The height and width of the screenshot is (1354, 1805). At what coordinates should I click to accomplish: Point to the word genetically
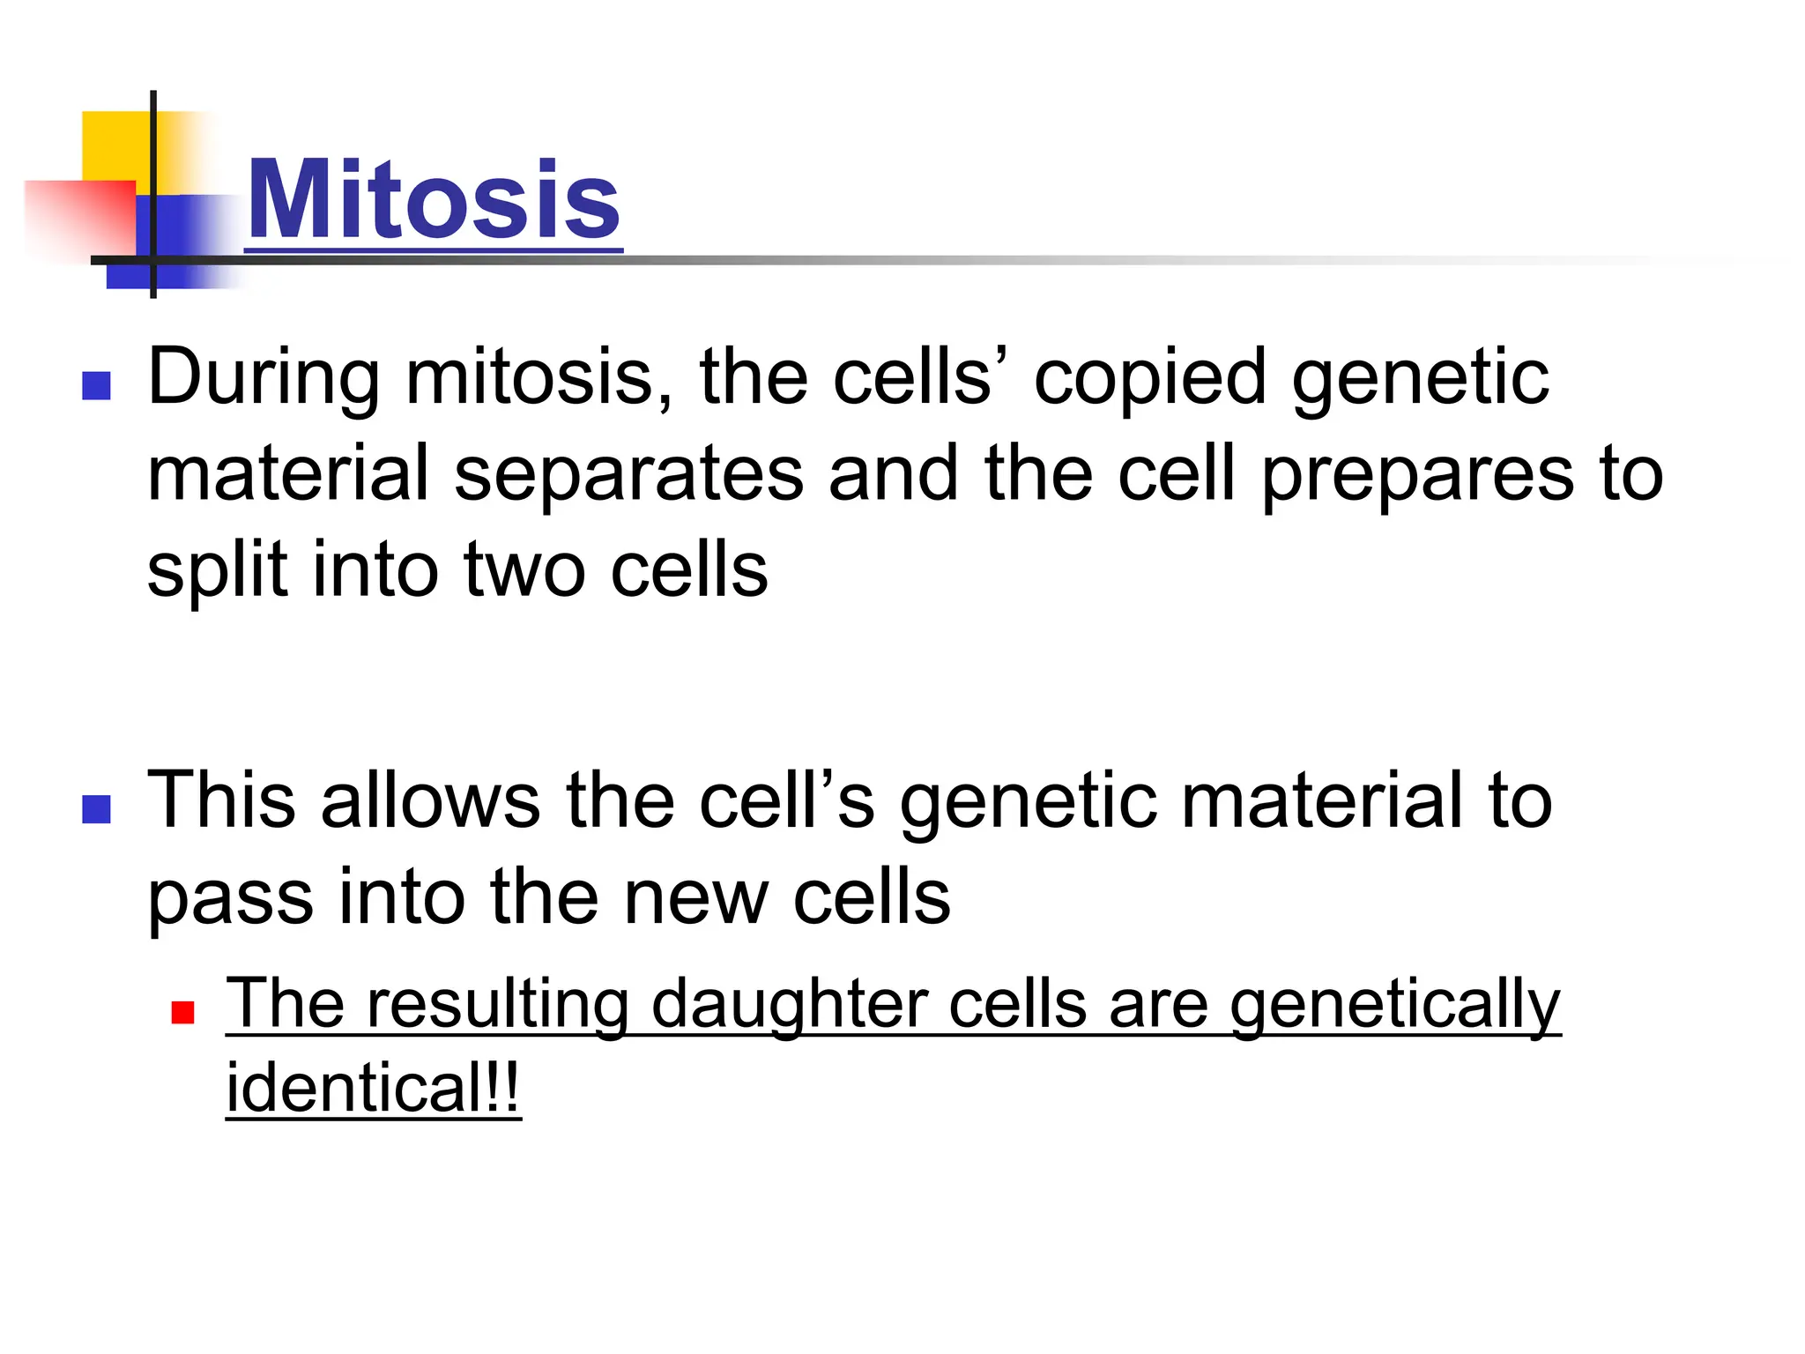coord(1394,1005)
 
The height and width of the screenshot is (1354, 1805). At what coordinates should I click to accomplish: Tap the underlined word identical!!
coord(373,1089)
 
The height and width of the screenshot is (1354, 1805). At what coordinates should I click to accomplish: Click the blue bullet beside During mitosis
coord(96,385)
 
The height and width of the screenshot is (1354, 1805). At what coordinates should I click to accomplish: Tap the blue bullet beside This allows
coord(96,808)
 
